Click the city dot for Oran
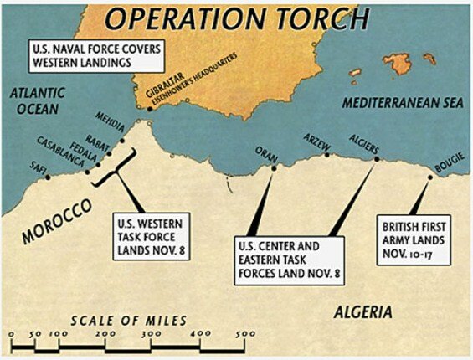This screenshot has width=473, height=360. (x=274, y=167)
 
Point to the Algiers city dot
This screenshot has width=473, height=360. (x=374, y=158)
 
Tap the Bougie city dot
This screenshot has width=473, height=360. (x=431, y=176)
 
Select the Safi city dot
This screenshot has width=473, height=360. (x=49, y=177)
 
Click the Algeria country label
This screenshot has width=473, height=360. (x=362, y=313)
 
